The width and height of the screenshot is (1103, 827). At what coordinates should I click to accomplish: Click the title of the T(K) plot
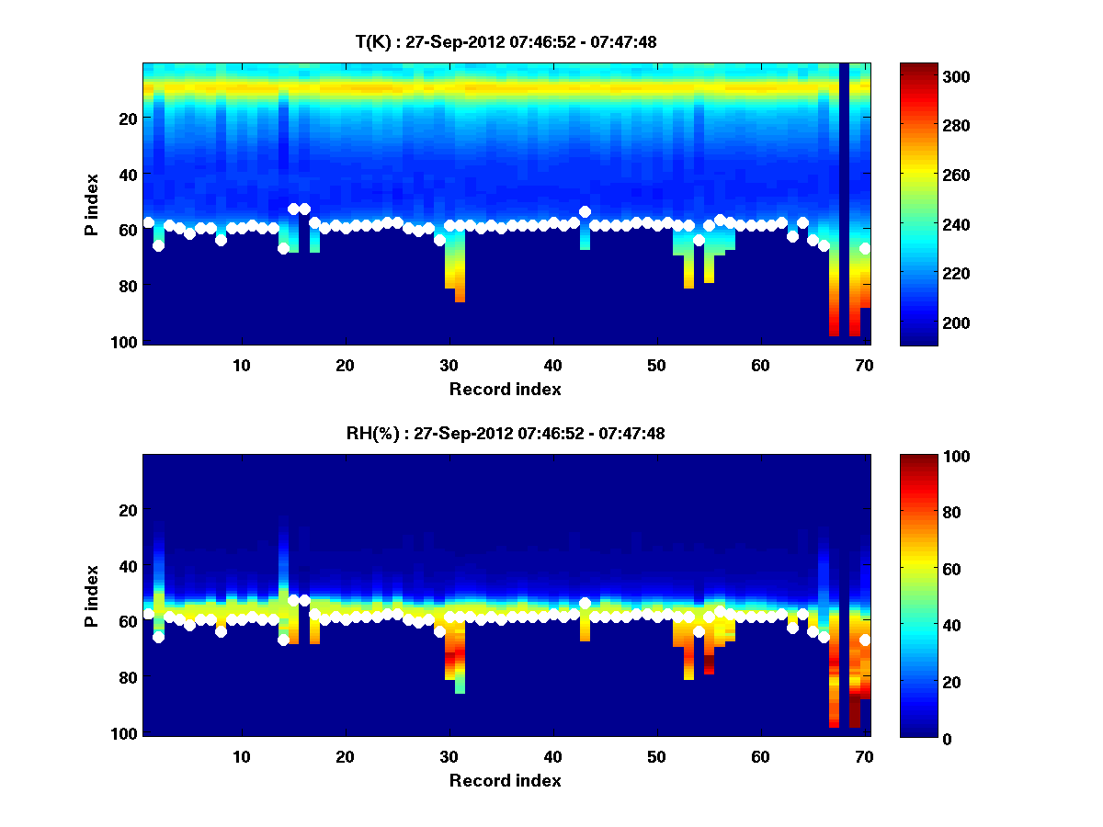click(x=506, y=41)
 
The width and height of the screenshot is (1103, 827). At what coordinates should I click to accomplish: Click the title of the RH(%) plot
click(x=506, y=434)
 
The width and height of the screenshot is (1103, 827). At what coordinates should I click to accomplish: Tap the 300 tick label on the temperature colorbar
click(x=922, y=76)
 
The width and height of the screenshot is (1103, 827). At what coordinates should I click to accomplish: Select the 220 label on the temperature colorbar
click(x=922, y=274)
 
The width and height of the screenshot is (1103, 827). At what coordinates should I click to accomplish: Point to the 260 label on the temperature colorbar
click(x=922, y=175)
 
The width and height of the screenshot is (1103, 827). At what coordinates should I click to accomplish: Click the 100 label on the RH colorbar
click(x=922, y=457)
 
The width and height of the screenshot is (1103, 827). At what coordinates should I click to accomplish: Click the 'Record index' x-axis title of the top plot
click(x=506, y=389)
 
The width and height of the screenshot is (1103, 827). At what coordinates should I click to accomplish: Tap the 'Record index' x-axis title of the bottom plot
click(x=506, y=781)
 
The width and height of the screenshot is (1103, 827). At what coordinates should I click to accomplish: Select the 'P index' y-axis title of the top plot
click(x=92, y=204)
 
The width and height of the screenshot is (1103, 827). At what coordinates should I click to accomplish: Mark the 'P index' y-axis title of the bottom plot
click(x=92, y=596)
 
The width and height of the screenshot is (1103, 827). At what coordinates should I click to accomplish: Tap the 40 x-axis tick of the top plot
click(x=552, y=365)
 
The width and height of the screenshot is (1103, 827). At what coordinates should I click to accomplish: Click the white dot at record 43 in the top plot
click(x=585, y=212)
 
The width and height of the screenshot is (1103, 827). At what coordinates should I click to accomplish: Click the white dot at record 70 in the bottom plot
click(x=865, y=640)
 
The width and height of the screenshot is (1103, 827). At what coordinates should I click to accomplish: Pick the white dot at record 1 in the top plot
click(x=149, y=222)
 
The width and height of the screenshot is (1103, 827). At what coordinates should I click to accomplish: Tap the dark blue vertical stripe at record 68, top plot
click(x=844, y=202)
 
